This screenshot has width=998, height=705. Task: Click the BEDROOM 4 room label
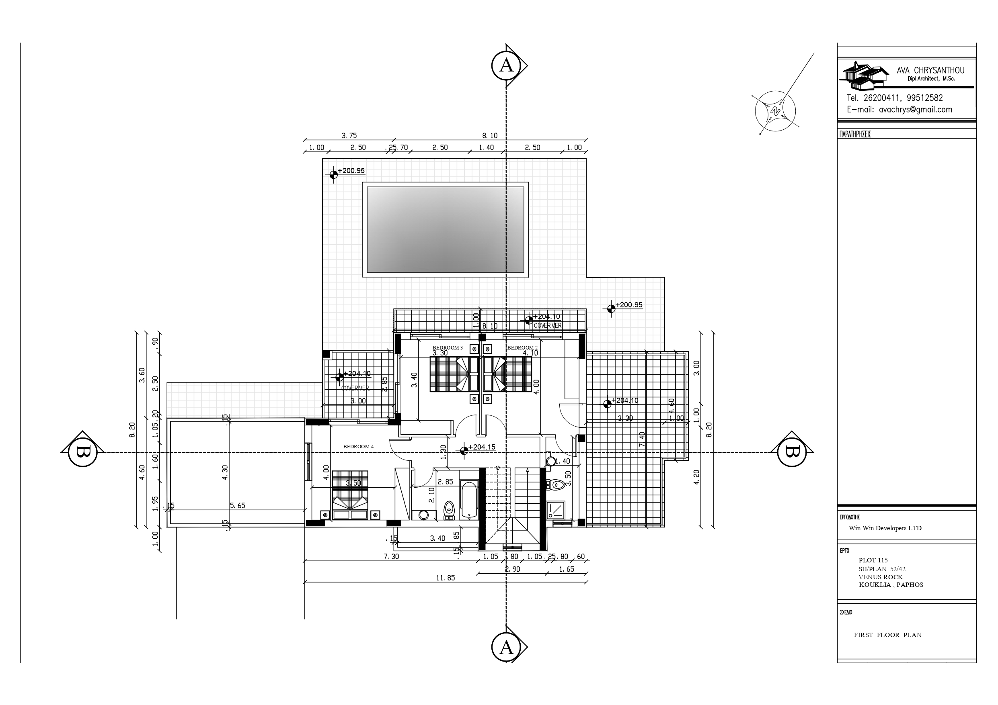[358, 447]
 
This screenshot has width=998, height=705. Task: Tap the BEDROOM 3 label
[447, 347]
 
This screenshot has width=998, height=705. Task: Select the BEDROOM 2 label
[522, 347]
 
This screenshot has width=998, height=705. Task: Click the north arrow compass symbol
[775, 111]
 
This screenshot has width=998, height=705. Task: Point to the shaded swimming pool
[445, 229]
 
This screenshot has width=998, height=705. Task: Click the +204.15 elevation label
[482, 447]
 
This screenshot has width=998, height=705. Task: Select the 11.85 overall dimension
[445, 578]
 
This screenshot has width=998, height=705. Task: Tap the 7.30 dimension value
[391, 556]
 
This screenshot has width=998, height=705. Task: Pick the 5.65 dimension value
[237, 506]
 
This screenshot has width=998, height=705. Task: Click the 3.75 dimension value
[349, 135]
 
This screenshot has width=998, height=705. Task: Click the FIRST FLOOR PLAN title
[887, 635]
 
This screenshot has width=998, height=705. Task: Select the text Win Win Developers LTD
[885, 528]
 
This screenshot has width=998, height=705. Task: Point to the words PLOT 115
[873, 560]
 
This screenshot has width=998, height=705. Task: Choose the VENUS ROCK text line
[880, 577]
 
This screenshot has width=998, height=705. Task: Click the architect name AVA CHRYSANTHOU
[930, 70]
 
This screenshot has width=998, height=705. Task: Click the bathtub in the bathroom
[468, 500]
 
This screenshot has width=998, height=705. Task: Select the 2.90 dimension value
[513, 569]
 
